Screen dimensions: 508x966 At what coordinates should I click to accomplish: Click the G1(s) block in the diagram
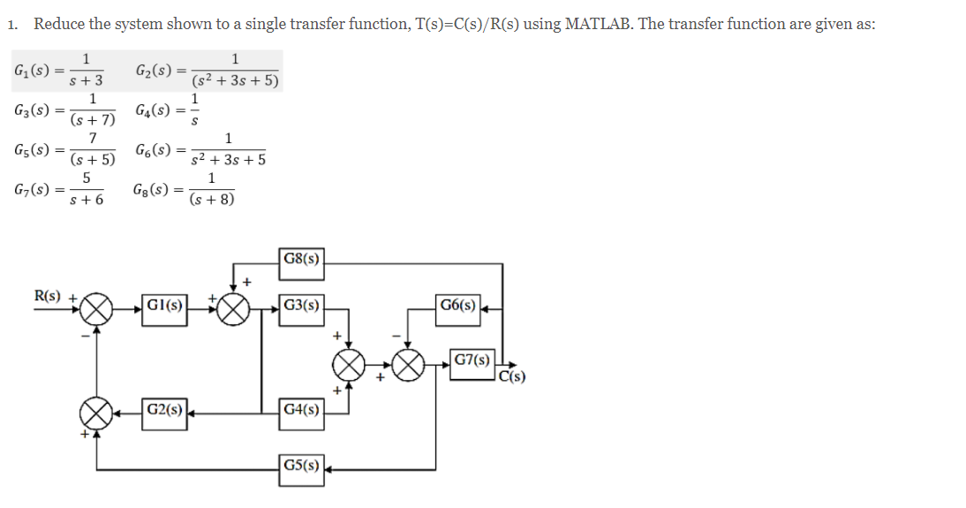click(x=164, y=307)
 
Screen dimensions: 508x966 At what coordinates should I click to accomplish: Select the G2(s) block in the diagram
click(x=164, y=410)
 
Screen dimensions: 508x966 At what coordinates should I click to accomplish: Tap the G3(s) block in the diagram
click(x=301, y=307)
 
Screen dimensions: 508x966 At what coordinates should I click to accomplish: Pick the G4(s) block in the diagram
click(x=301, y=410)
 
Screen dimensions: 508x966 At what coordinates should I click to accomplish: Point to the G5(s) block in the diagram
click(x=301, y=466)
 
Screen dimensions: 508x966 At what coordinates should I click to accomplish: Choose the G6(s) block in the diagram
click(x=459, y=307)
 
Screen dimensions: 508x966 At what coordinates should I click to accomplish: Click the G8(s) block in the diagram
click(x=301, y=260)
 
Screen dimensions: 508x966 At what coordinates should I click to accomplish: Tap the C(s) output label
click(x=513, y=379)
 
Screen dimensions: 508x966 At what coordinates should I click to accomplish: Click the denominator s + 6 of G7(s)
click(x=86, y=201)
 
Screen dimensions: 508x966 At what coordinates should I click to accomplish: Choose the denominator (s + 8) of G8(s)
click(x=212, y=201)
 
